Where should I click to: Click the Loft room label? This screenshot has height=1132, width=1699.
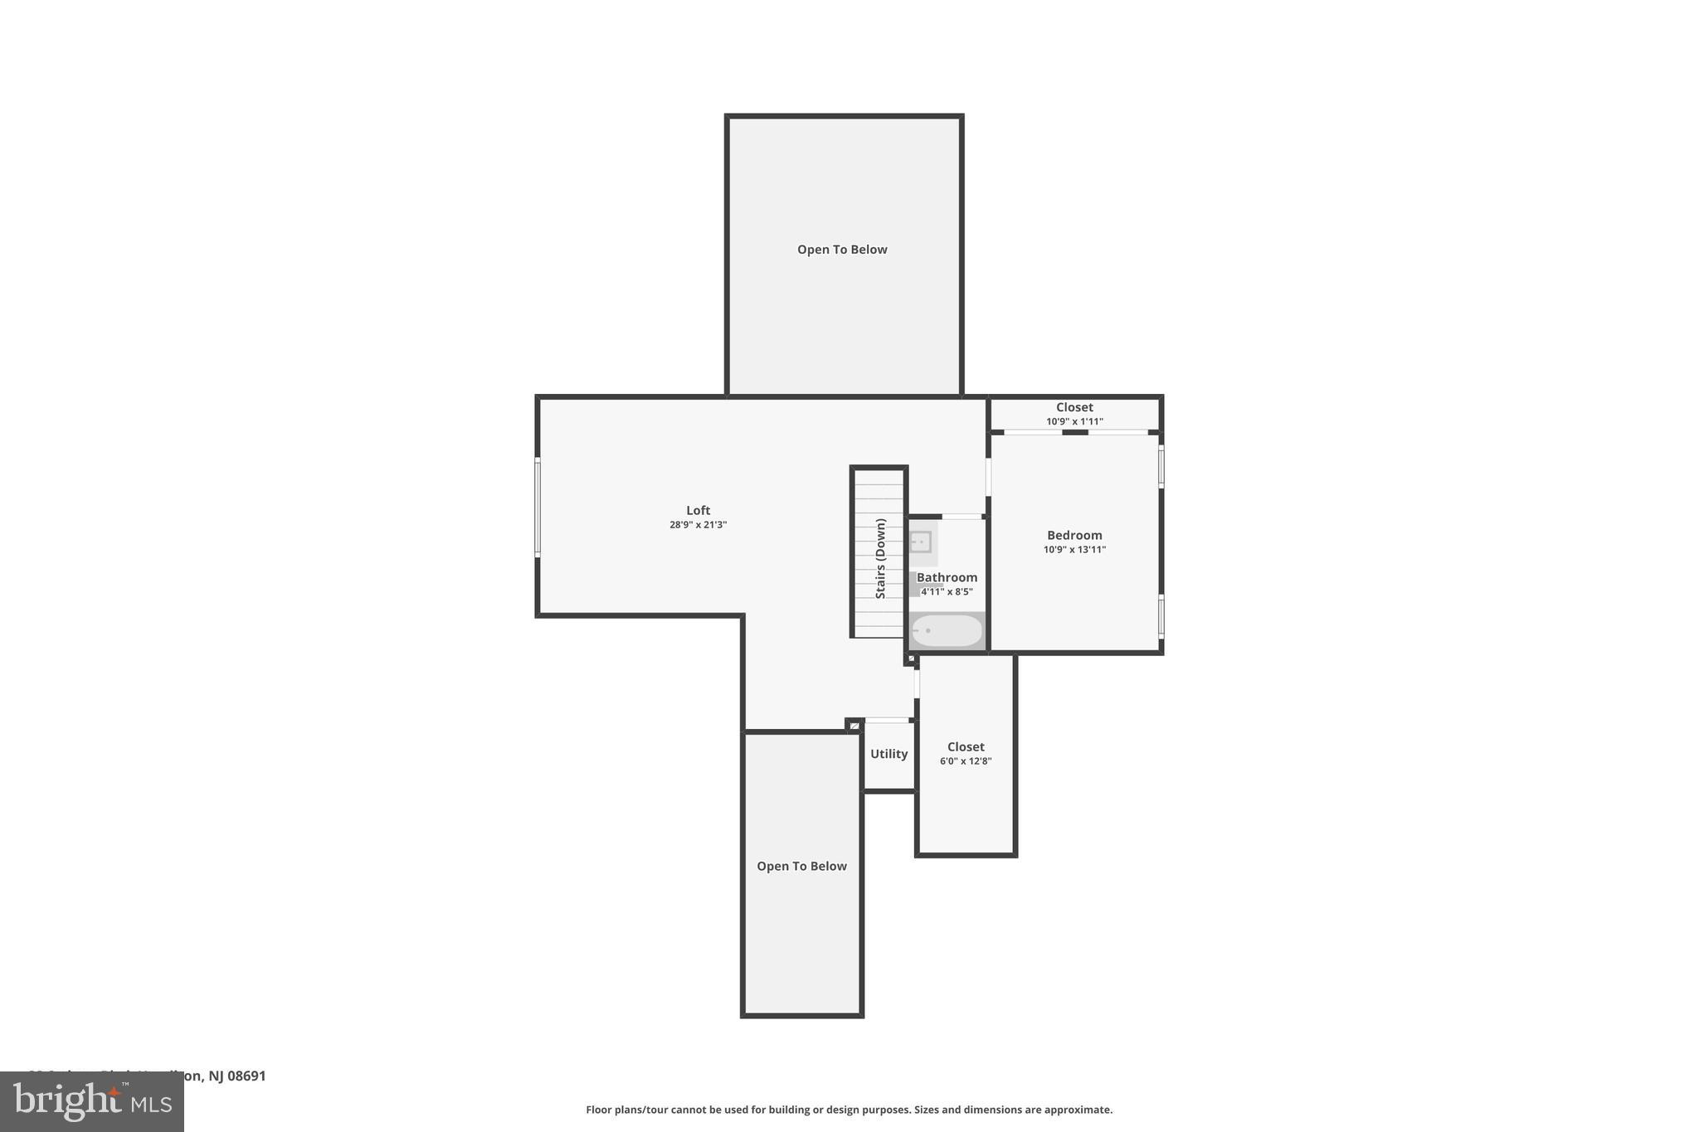[698, 511]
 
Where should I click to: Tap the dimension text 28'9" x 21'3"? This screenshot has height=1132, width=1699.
[698, 525]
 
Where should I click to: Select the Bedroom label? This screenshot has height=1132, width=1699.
[1074, 536]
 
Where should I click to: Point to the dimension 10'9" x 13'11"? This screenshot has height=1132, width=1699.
[1074, 550]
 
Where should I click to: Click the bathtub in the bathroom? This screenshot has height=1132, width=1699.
[947, 631]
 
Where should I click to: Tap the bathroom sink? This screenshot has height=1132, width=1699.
[921, 542]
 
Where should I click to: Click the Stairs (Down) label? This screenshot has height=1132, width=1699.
[881, 558]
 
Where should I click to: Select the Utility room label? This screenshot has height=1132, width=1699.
[888, 754]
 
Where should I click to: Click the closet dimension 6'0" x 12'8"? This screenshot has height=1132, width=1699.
[966, 761]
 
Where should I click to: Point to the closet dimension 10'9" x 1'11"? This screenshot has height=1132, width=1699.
[1074, 421]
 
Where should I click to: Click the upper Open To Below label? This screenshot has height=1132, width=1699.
[842, 250]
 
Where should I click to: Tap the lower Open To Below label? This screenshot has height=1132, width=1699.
[801, 867]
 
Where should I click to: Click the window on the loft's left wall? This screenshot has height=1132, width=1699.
[538, 507]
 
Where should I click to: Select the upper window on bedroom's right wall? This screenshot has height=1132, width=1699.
[1161, 466]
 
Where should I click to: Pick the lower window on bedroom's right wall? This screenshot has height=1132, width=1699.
[1161, 615]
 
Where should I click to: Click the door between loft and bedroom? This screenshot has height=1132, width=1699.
[988, 477]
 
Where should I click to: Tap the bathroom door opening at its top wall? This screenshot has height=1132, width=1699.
[961, 517]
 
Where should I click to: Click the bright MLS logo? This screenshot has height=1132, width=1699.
[91, 1102]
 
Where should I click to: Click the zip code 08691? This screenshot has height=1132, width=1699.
[246, 1076]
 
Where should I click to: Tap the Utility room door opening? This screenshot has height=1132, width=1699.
[887, 720]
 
